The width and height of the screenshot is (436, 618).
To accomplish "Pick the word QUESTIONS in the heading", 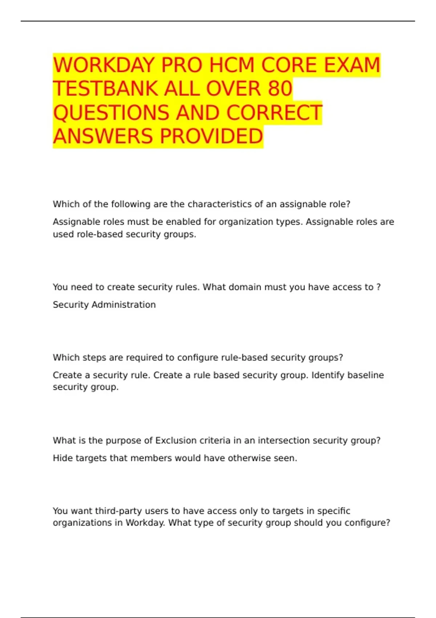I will tap(111, 113).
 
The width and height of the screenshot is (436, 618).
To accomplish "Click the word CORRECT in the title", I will tap(274, 113).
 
